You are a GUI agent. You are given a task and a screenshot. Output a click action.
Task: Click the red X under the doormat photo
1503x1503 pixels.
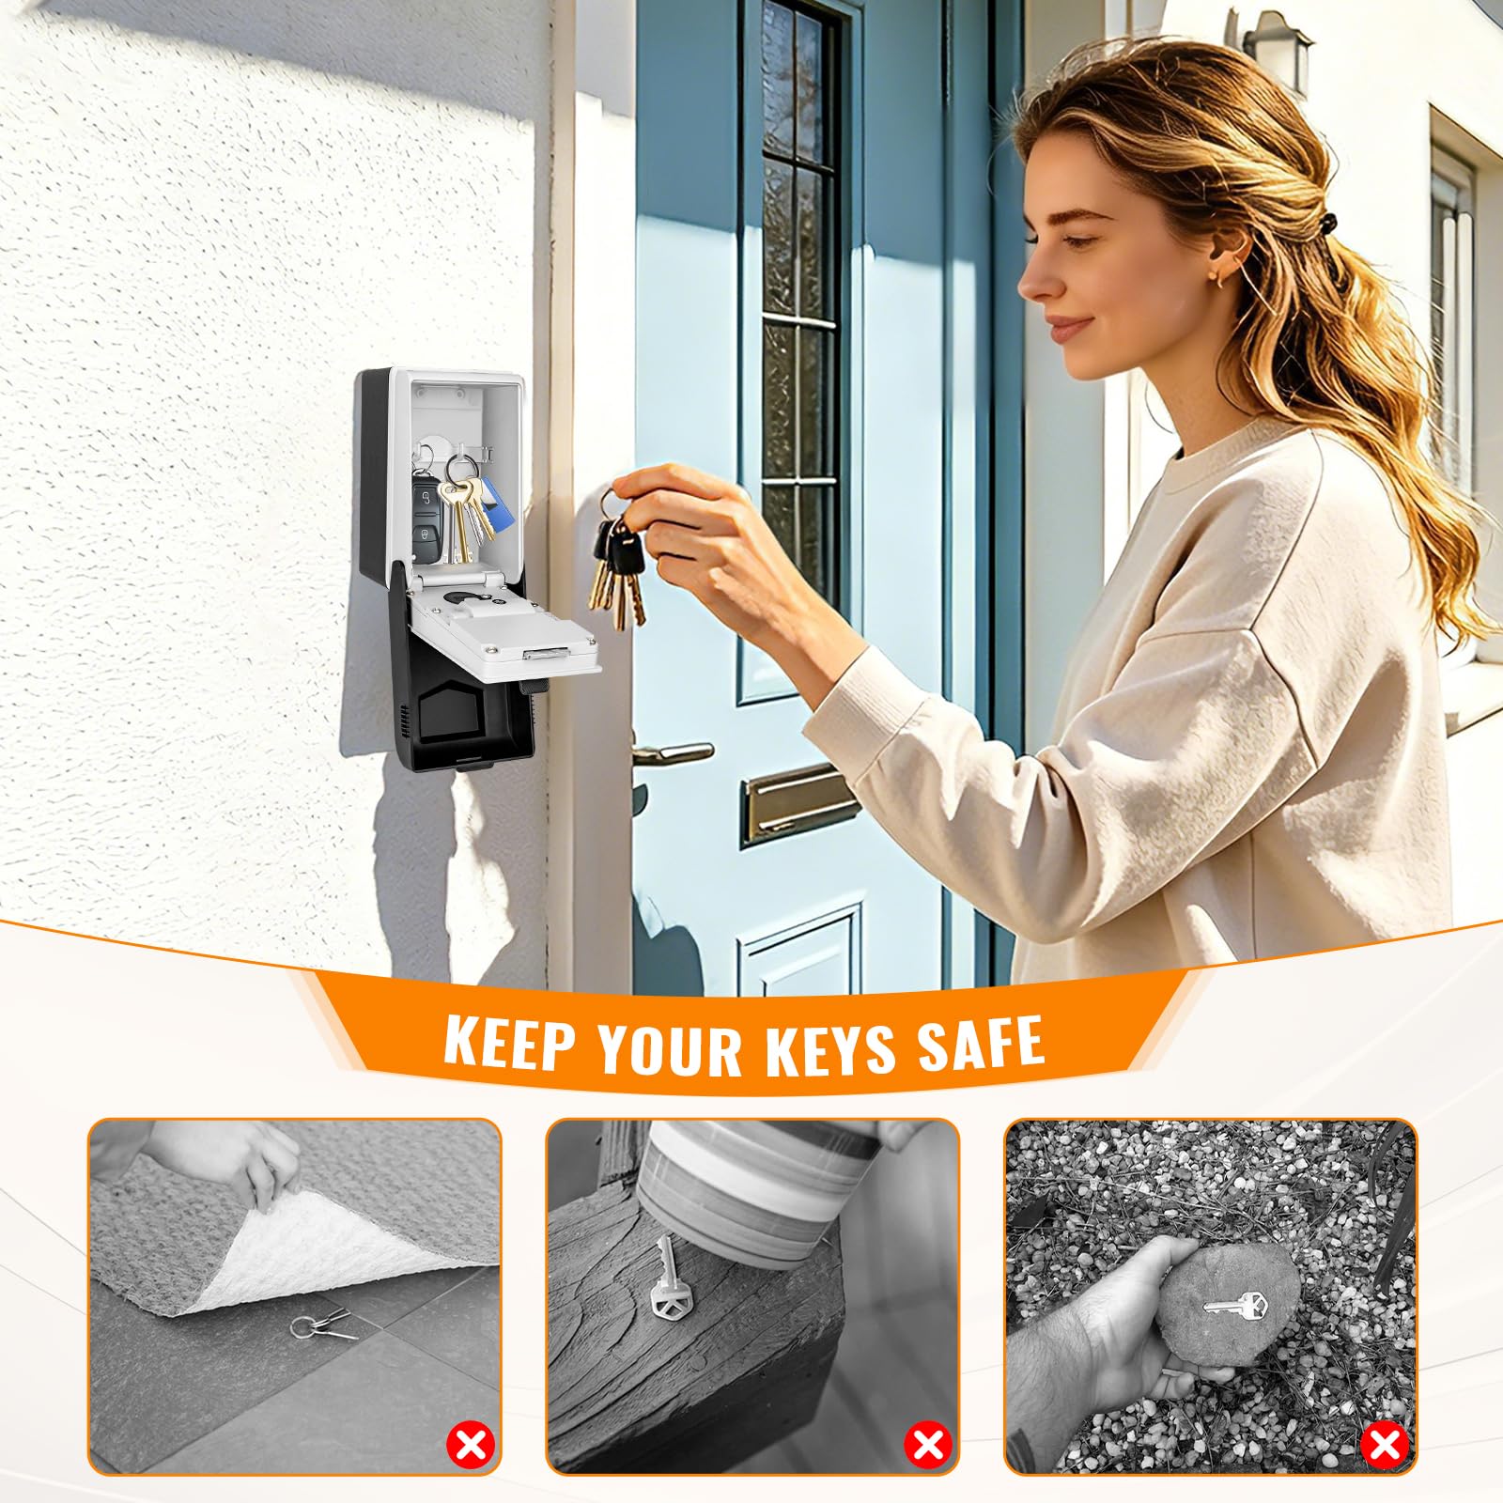click(471, 1445)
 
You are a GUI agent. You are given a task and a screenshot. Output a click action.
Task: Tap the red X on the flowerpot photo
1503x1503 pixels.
click(929, 1445)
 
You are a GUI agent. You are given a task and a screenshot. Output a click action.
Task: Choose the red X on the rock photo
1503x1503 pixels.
click(1386, 1445)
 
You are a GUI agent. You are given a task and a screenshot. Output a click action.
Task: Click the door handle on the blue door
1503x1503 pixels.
click(673, 752)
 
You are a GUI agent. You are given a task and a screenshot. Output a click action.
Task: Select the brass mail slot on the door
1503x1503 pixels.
click(799, 801)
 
